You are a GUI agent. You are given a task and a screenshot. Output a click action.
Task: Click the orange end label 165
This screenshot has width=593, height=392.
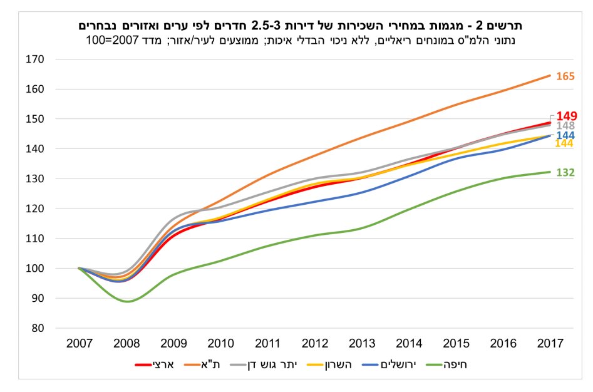coord(565,76)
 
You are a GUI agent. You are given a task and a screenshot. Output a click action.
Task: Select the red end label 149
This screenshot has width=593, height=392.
coord(567,116)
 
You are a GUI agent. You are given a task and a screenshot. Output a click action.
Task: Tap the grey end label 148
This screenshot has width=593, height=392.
coord(565,126)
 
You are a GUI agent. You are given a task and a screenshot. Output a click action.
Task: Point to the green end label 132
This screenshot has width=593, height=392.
coord(565,172)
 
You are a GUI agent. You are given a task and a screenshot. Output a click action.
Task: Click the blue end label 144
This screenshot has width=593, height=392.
coord(565,135)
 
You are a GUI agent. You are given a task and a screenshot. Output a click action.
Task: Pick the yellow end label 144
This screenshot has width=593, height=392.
coord(564,144)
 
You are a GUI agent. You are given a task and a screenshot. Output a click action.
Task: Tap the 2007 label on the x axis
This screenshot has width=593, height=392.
coord(79,344)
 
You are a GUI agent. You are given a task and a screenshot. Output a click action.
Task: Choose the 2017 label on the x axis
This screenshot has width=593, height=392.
coord(550,344)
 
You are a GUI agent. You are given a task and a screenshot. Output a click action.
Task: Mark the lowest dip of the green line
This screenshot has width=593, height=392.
coord(127,301)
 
